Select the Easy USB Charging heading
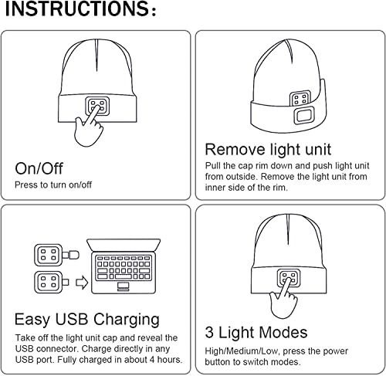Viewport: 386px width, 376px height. click(x=87, y=319)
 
